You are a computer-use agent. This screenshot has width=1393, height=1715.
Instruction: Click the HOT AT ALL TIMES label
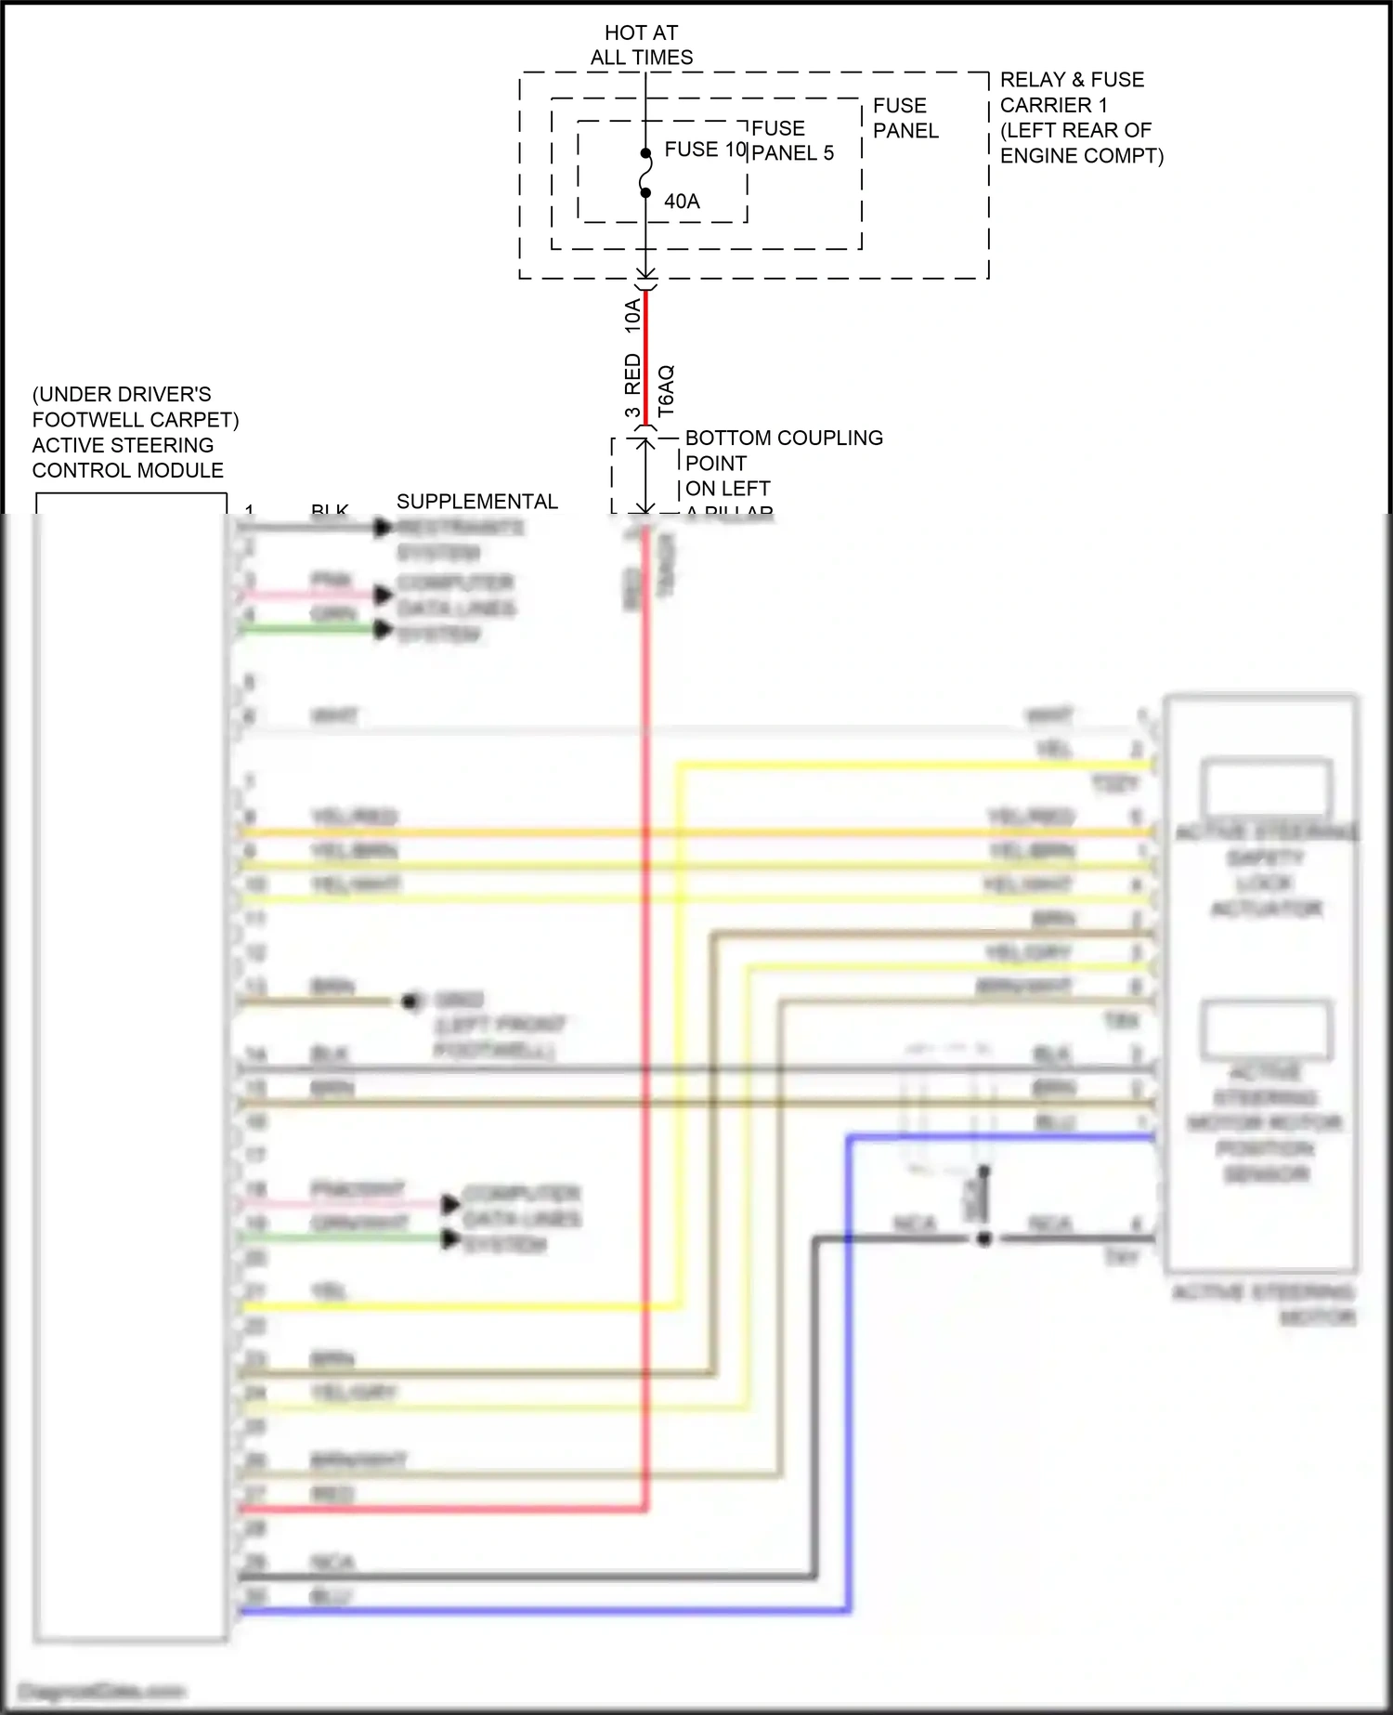[641, 45]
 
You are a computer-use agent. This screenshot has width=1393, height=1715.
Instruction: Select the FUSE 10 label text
[705, 150]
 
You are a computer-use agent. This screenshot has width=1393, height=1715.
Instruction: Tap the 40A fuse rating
[682, 201]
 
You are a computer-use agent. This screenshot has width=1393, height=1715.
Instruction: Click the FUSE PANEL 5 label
[791, 140]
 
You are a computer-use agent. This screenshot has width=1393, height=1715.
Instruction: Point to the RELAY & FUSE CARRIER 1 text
[1080, 117]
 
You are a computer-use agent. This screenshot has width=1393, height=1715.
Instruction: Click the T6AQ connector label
[666, 390]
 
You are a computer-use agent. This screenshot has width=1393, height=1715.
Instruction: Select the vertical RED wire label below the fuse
[632, 373]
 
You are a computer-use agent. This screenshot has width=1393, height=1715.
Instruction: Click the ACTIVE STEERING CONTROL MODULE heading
[127, 458]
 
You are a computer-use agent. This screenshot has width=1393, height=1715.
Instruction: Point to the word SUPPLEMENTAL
[476, 502]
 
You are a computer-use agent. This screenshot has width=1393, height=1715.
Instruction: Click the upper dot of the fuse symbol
[645, 153]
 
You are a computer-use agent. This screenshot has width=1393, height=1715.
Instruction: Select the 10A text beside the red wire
[632, 316]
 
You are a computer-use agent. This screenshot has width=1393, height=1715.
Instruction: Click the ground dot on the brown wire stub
[410, 1002]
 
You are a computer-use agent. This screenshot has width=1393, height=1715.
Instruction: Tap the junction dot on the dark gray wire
[984, 1238]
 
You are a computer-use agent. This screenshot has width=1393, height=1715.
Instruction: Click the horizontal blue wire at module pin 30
[539, 1610]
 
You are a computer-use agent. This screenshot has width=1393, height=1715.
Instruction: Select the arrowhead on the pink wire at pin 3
[383, 595]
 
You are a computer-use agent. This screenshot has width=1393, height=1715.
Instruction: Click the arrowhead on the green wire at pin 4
[383, 630]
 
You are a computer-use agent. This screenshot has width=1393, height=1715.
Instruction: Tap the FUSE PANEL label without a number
[905, 118]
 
